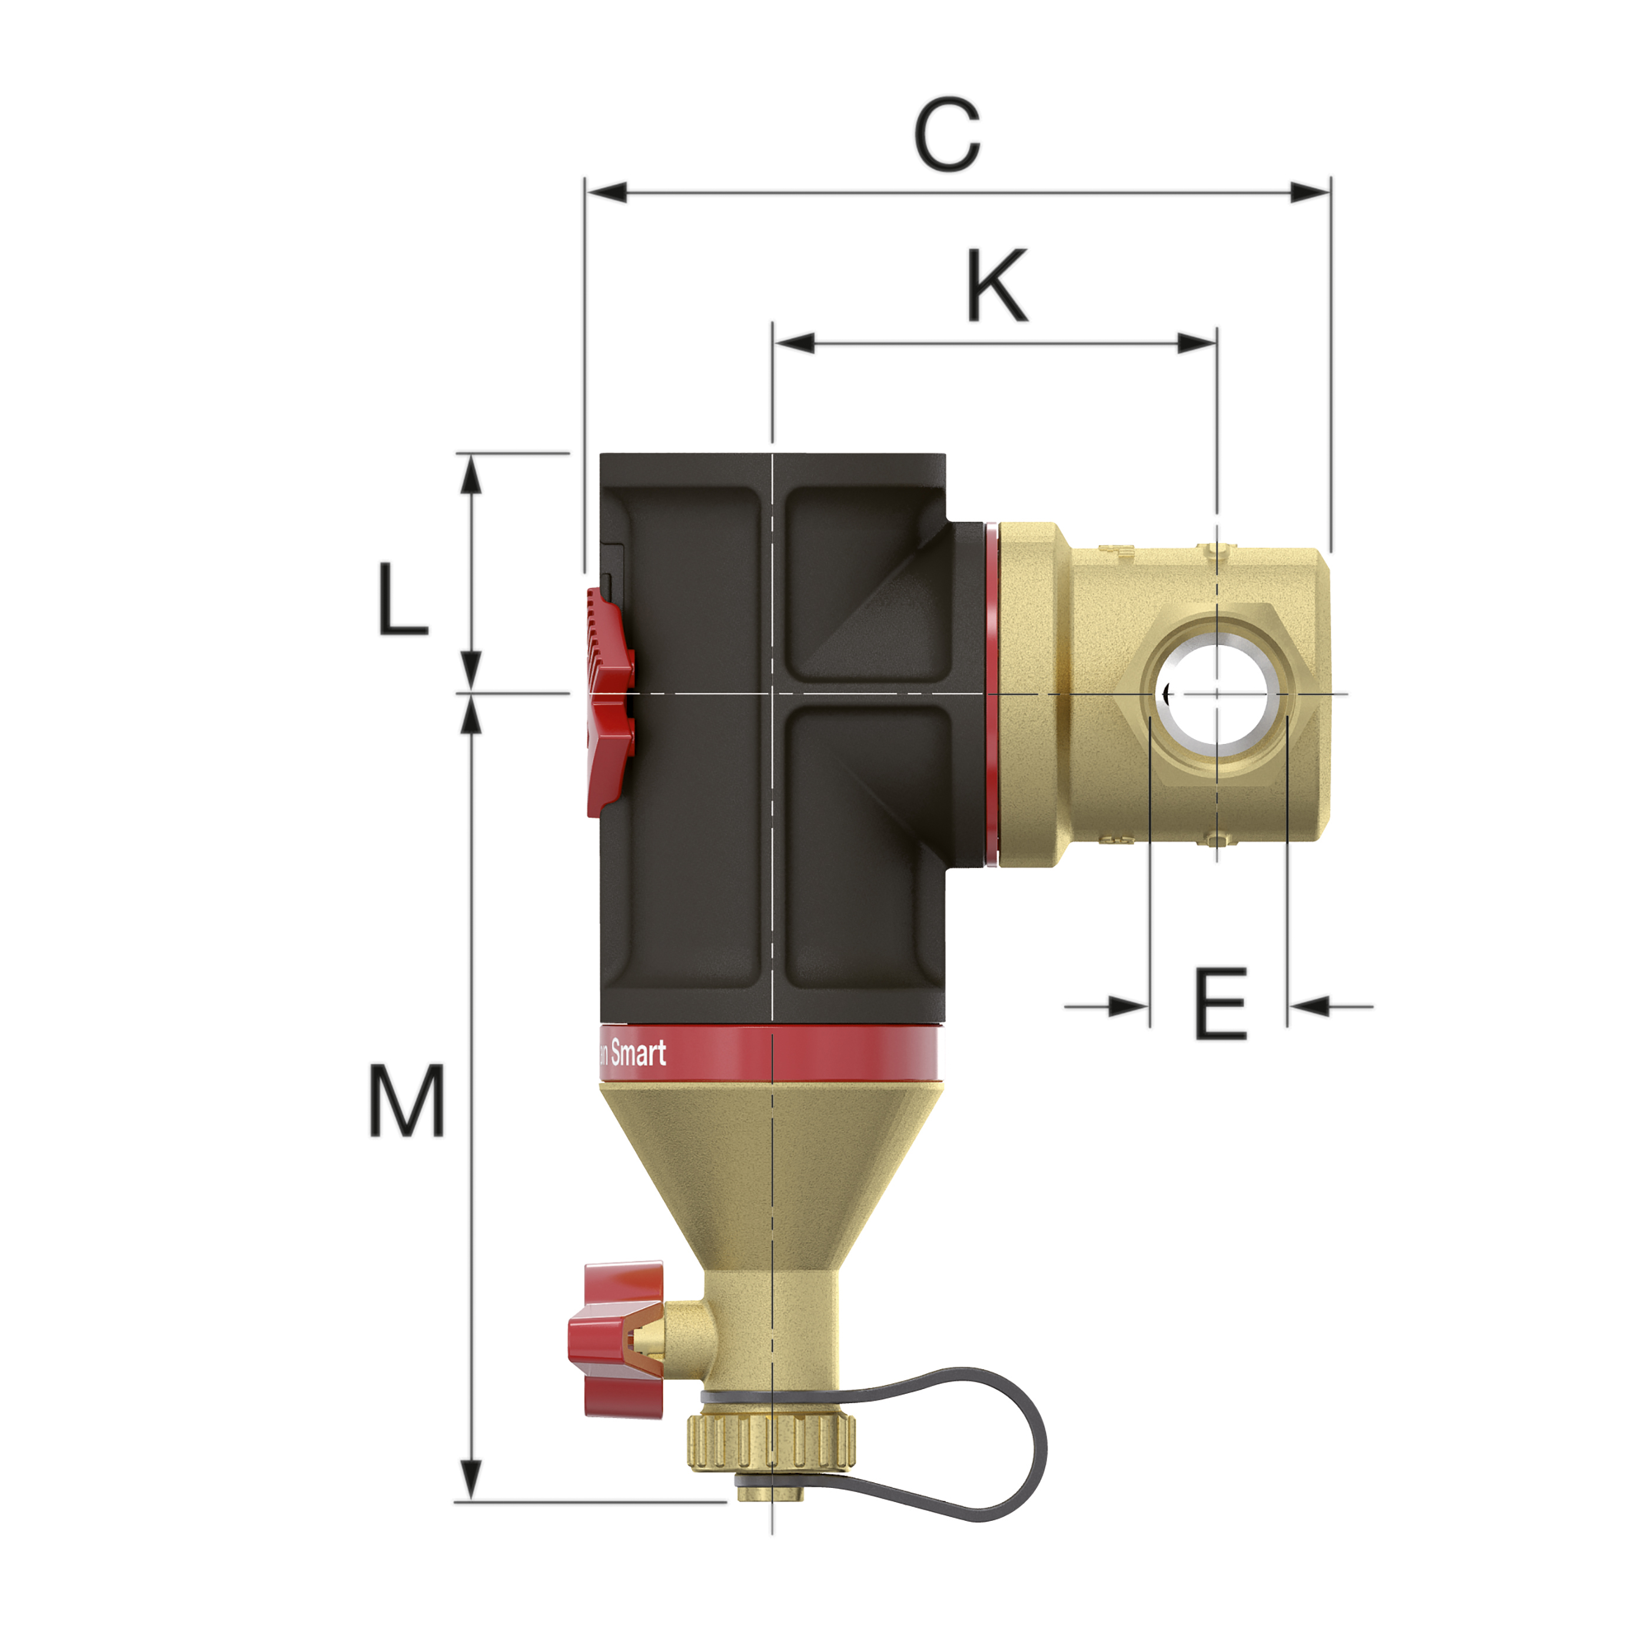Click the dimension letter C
[x=947, y=137]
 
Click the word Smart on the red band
[x=638, y=1054]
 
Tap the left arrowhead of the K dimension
[x=794, y=344]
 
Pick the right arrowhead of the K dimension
[x=1196, y=344]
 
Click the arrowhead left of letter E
[x=1128, y=1006]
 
